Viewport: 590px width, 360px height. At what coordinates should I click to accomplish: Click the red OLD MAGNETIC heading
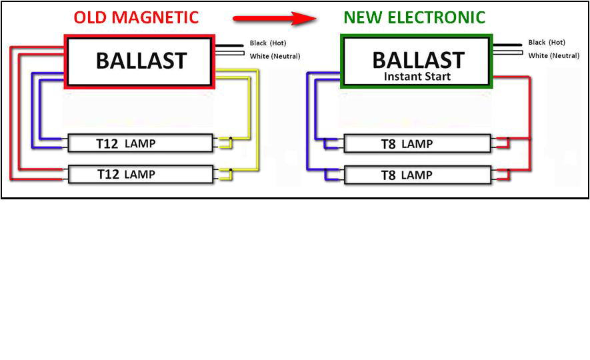tap(136, 17)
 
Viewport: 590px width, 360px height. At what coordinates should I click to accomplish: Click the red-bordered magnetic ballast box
tap(139, 61)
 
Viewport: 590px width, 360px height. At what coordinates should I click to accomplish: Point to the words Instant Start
tap(417, 77)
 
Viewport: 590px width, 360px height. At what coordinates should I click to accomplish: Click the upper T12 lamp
tap(141, 143)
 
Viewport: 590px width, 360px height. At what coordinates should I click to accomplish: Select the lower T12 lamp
tap(141, 175)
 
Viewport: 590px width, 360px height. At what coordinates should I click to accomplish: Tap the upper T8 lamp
tap(417, 144)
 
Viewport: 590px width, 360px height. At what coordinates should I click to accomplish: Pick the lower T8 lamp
tap(417, 175)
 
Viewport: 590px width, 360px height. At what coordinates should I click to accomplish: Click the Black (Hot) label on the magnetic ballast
tap(268, 43)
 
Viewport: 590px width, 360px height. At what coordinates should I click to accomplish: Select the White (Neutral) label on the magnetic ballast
tap(275, 56)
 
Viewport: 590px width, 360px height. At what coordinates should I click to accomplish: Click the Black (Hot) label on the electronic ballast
tap(547, 43)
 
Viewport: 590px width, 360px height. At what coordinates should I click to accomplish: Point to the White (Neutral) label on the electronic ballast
tap(553, 56)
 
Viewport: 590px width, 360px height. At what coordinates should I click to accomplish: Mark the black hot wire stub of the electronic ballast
tap(507, 45)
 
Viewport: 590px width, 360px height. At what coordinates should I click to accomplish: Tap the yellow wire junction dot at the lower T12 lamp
tap(231, 171)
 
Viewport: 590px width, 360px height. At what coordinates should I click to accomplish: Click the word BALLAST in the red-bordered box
tap(141, 61)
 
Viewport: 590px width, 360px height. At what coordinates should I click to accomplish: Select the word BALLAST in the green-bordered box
tap(417, 59)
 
